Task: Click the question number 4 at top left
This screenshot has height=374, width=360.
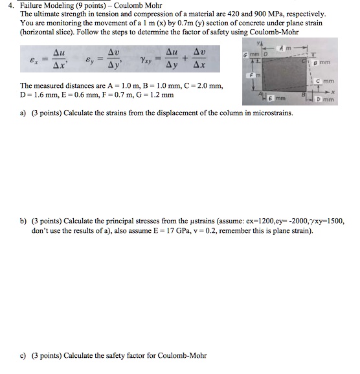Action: pos(6,6)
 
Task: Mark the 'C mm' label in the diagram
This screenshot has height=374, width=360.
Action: pos(331,82)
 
